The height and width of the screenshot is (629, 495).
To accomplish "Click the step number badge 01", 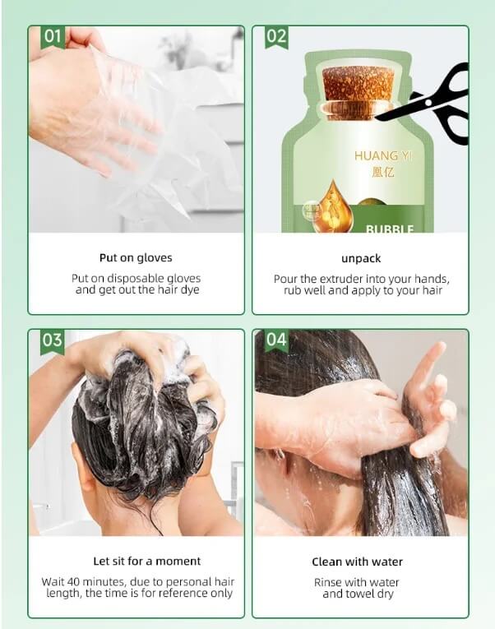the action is [x=53, y=37].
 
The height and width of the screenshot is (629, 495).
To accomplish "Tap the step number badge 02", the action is [x=276, y=37].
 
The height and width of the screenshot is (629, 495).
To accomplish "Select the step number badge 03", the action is [x=53, y=340].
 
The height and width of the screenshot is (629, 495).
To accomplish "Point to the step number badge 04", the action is [x=276, y=340].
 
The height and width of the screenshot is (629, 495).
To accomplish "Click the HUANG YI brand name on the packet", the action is [x=383, y=155].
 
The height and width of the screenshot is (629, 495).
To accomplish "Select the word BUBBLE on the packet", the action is [x=390, y=229].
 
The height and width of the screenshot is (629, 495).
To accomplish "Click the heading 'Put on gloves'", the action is [x=136, y=257].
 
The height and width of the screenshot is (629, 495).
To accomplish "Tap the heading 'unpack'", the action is [x=361, y=258].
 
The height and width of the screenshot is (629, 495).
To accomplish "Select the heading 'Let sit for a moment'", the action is [x=147, y=561].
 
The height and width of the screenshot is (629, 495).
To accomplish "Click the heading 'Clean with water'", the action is [x=358, y=562].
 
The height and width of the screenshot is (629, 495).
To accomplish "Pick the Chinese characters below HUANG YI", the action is [x=383, y=172].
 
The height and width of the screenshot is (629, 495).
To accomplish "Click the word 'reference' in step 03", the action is [x=186, y=593].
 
